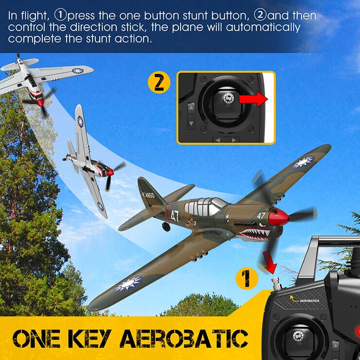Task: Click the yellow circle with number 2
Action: [x=159, y=82]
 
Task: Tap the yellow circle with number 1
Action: [x=247, y=279]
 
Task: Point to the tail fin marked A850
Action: [x=146, y=193]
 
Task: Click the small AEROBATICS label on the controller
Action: [x=307, y=301]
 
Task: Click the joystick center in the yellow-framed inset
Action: [x=227, y=98]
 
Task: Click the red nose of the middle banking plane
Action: [x=110, y=172]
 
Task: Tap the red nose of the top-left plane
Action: [x=39, y=102]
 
